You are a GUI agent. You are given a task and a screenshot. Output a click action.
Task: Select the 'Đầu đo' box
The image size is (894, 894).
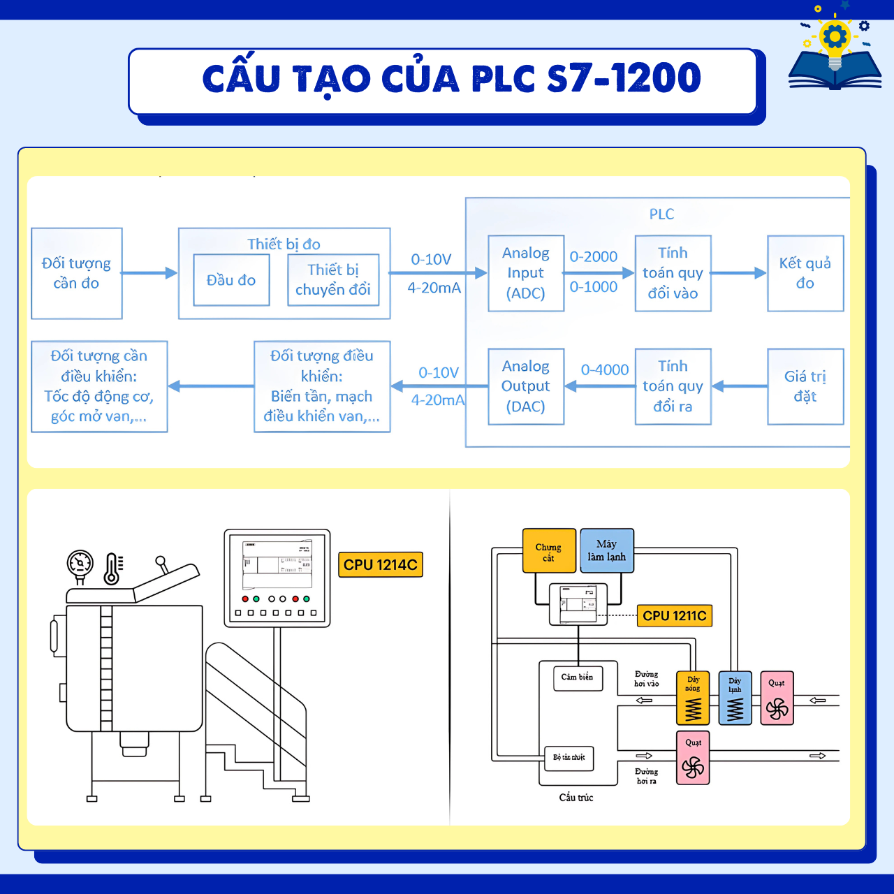coord(231,280)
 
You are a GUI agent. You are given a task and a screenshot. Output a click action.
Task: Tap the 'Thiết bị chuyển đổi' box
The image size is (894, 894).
coord(333,280)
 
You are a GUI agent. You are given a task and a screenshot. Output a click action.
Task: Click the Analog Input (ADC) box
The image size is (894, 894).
coord(526,273)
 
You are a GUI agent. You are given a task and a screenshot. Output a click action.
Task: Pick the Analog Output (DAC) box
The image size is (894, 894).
coord(526,386)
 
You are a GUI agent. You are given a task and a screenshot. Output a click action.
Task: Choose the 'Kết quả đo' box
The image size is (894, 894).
coord(805,273)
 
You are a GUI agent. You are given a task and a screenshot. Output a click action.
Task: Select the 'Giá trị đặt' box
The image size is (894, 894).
coord(805,386)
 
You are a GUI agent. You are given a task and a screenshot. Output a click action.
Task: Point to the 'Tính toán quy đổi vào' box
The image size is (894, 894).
coord(673,273)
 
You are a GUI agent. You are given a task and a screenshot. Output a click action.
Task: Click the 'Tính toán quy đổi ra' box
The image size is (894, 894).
coord(673,386)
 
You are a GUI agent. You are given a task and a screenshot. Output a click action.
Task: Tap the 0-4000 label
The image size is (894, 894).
coord(605,370)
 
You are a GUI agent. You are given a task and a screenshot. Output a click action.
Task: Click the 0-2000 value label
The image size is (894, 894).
coord(594,257)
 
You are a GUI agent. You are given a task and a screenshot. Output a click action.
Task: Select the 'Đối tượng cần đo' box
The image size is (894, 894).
coord(77,273)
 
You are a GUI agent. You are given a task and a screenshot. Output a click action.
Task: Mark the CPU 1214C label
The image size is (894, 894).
coord(381,564)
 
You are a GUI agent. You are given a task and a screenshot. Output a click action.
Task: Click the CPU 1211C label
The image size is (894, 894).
coord(675,615)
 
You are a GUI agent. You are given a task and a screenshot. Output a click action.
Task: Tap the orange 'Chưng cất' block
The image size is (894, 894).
coord(549,551)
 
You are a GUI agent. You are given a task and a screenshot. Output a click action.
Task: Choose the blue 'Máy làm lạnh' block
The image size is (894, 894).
coord(607,550)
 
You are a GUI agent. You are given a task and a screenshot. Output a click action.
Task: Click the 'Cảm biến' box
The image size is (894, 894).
coord(578,677)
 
